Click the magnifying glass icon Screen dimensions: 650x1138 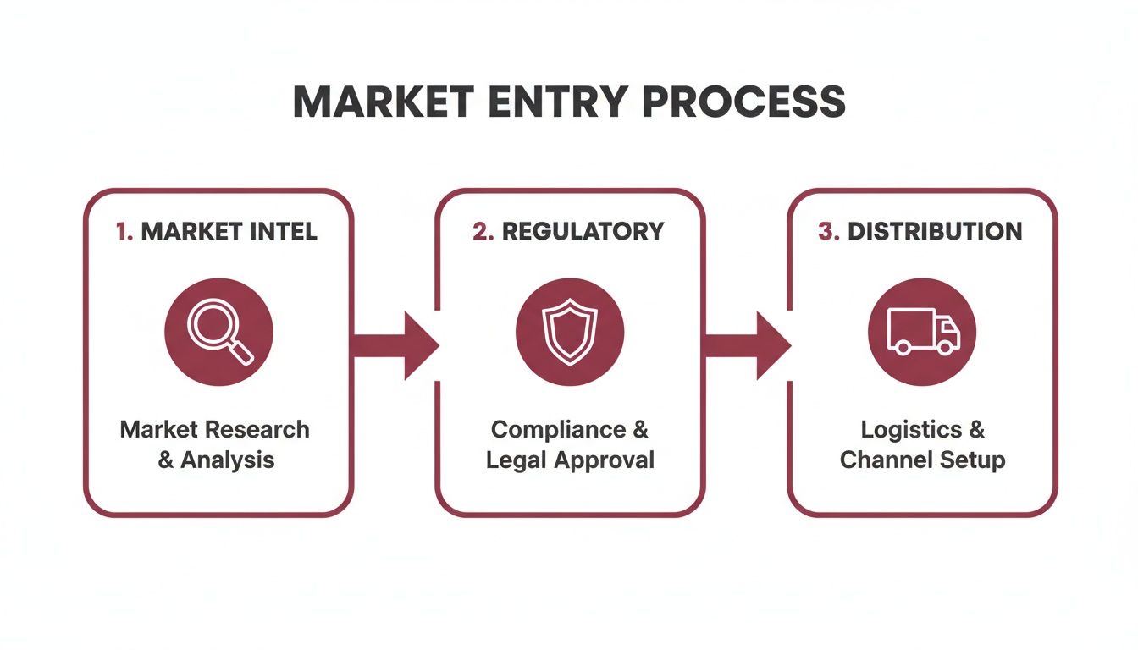(218, 332)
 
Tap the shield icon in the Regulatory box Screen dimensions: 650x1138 (569, 332)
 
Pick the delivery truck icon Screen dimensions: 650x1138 (922, 331)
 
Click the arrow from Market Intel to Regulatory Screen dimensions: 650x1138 (395, 345)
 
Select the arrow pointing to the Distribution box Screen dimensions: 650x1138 (747, 345)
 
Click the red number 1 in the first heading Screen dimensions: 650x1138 (123, 232)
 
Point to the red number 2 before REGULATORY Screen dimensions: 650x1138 (483, 232)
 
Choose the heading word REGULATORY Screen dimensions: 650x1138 (583, 232)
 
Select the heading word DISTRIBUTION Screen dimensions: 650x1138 (935, 232)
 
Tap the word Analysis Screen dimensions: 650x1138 (228, 460)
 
